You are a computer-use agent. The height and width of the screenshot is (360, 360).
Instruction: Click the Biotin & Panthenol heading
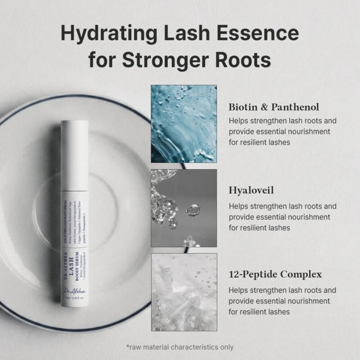click(274, 107)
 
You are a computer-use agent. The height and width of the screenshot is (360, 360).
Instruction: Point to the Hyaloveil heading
click(251, 190)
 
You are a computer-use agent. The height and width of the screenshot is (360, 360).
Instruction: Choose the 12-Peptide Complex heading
click(275, 274)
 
